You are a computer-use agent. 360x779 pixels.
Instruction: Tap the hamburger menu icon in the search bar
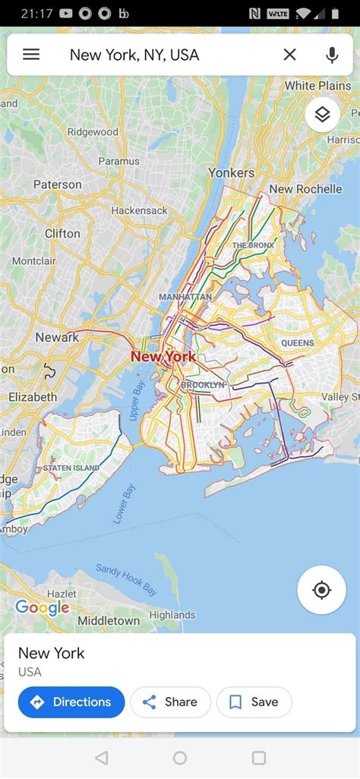click(x=31, y=55)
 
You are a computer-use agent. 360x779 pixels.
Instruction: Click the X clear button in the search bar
click(x=289, y=55)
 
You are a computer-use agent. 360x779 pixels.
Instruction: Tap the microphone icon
click(x=331, y=55)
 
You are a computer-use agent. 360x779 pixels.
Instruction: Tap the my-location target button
click(x=321, y=590)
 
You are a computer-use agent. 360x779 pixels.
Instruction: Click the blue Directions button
click(x=71, y=702)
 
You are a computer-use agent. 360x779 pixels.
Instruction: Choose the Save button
click(x=254, y=702)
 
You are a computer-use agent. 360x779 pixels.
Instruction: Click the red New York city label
click(x=163, y=356)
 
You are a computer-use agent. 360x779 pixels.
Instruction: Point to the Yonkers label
click(x=232, y=172)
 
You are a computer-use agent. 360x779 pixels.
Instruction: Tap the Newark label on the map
click(x=57, y=337)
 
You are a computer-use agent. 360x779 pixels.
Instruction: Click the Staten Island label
click(x=71, y=468)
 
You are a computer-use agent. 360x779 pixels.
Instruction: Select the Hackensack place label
click(x=139, y=210)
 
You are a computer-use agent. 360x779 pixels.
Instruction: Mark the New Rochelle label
click(x=305, y=189)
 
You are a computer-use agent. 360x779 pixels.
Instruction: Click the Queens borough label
click(x=297, y=343)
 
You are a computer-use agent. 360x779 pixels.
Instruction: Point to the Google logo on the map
click(x=42, y=607)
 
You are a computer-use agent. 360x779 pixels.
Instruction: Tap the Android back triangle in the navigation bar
click(x=102, y=758)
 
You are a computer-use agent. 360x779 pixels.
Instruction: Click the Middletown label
click(x=109, y=621)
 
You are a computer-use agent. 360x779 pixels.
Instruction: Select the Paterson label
click(x=57, y=184)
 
